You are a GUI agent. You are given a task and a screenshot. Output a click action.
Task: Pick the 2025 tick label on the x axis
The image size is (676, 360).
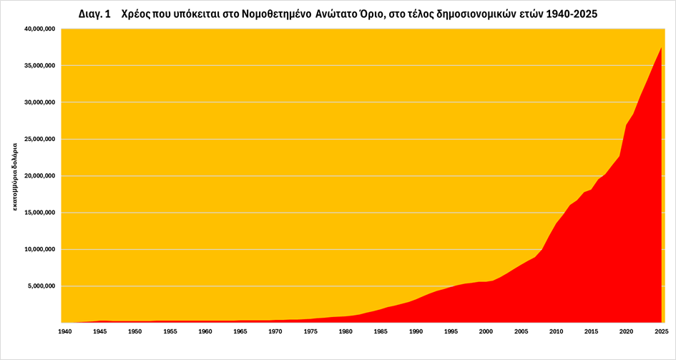(x=661, y=331)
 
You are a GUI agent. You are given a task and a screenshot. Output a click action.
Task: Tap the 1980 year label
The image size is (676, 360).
(x=346, y=331)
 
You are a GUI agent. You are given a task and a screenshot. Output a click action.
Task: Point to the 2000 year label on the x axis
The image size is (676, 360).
(x=486, y=331)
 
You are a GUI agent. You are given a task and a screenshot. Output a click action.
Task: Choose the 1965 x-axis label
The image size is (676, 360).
(x=240, y=331)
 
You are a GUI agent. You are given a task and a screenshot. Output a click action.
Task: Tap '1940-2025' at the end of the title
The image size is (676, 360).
(x=571, y=14)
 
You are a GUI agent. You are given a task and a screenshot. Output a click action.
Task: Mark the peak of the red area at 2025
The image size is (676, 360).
(x=661, y=48)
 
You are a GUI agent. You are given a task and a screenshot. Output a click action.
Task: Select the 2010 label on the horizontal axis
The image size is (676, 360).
(x=556, y=331)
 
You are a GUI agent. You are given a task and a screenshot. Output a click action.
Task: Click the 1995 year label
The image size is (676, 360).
(x=451, y=331)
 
